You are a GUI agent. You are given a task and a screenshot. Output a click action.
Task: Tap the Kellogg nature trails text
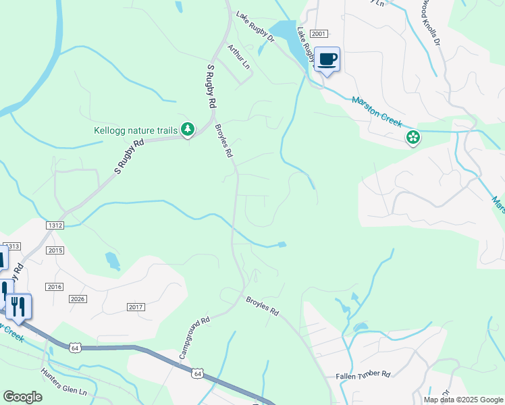point(136,130)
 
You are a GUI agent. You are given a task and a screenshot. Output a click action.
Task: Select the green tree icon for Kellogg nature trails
point(188,129)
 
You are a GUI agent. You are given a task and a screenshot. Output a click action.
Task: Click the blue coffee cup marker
point(327,59)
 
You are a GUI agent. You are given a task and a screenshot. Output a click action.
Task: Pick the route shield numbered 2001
point(319,34)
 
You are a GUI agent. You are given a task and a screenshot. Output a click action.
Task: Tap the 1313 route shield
point(12,246)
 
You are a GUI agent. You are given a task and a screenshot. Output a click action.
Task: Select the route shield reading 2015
point(55,250)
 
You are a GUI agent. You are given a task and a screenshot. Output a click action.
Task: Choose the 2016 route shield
point(55,287)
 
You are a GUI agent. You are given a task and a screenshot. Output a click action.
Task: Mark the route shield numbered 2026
point(78,299)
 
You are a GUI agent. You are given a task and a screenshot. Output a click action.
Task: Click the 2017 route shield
point(136,307)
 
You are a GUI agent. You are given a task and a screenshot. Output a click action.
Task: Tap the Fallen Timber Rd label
point(363,374)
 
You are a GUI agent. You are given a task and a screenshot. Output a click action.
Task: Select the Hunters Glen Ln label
point(64,382)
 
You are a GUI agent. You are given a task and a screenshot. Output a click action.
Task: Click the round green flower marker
point(413,138)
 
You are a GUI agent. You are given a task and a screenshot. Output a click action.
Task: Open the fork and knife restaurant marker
point(18,306)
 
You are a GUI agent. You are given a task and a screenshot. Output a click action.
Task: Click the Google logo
point(22,396)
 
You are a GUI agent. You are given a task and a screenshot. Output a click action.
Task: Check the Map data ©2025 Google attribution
point(462,400)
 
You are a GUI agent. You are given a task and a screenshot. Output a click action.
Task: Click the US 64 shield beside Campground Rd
point(197,373)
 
